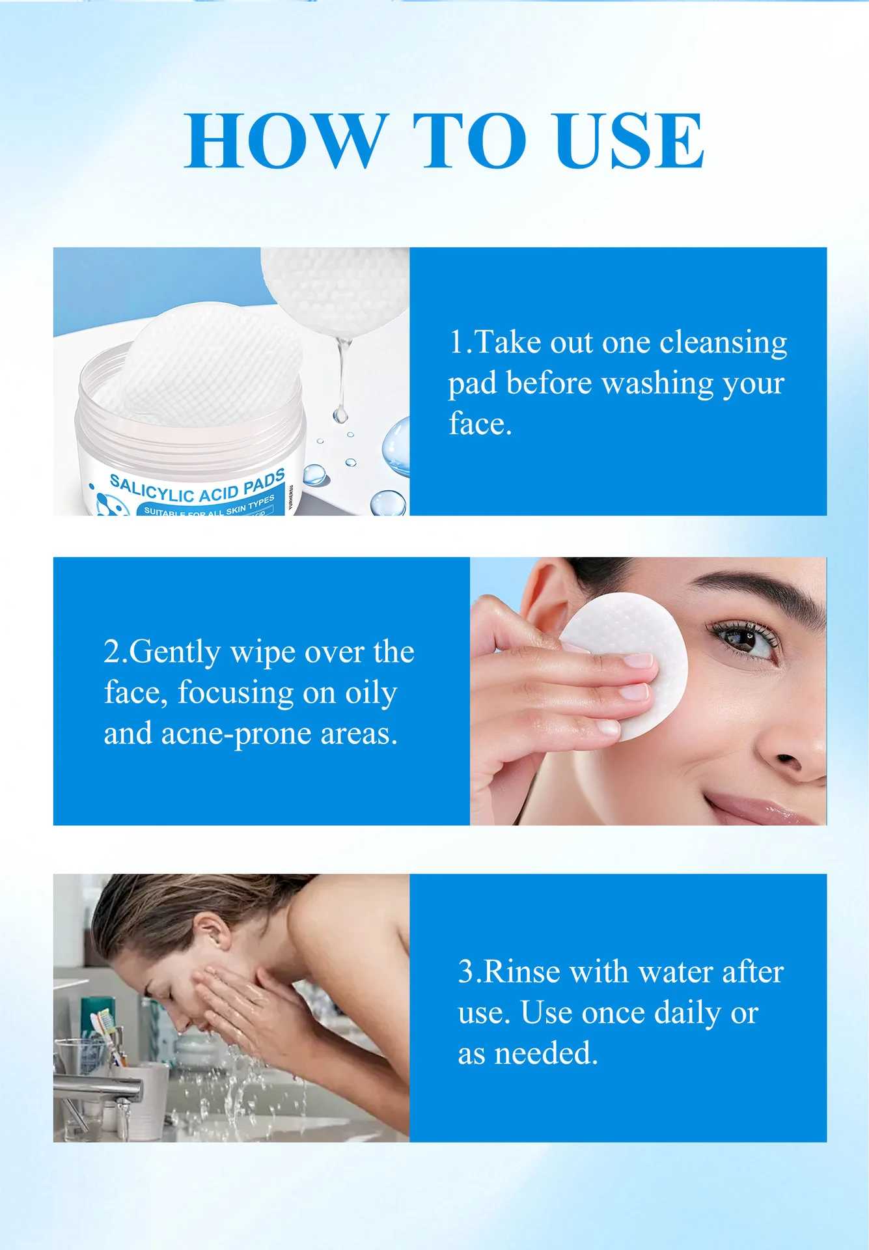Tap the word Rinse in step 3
click(522, 972)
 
